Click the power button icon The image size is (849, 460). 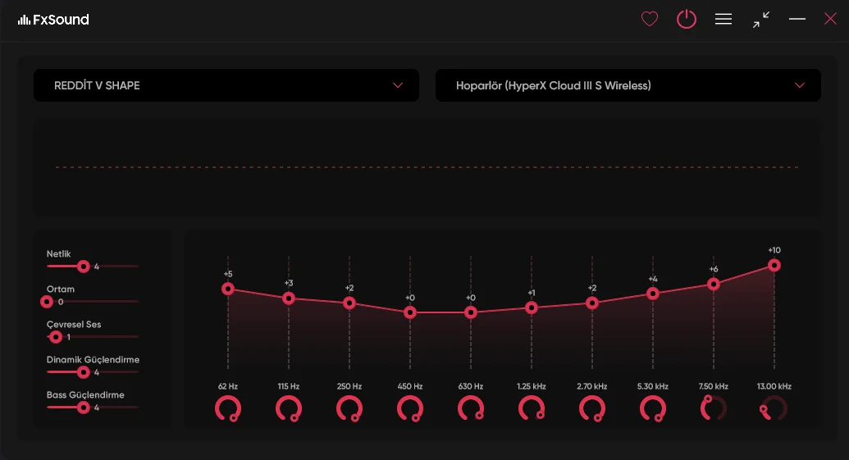coord(687,19)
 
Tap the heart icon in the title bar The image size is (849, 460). coord(650,19)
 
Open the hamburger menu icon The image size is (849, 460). coord(723,19)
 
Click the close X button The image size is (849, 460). coord(830,19)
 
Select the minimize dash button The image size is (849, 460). coord(797,19)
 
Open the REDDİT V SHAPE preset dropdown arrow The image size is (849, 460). coord(398,85)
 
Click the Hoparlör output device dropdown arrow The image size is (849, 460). coord(800,85)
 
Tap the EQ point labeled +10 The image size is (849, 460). coord(774,265)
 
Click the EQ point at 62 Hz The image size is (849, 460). coord(228,289)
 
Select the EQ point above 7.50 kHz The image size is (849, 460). coord(714,284)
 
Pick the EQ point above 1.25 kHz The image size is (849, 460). coord(532,307)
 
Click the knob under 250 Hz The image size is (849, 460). coord(349,408)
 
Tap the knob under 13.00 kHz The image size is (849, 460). coord(774,408)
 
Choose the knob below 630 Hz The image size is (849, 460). coord(471,408)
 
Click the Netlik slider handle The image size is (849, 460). coord(83,266)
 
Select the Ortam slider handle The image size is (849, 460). coord(47,302)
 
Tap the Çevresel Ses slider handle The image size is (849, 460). coord(56,337)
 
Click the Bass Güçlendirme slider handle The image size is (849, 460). coord(83,408)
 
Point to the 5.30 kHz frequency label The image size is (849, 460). coord(653,386)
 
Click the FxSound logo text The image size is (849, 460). coord(61,20)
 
